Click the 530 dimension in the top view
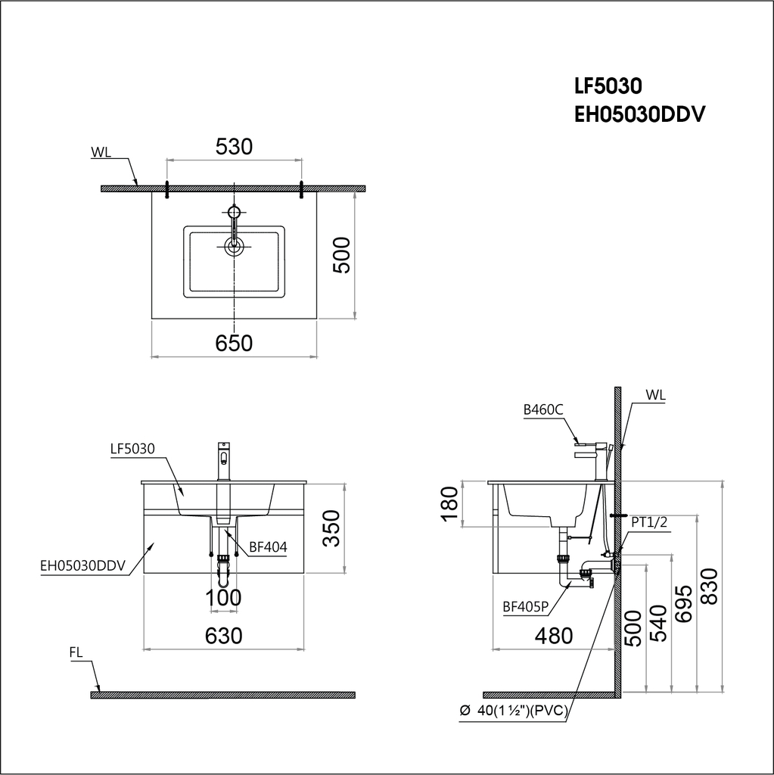[x=234, y=147]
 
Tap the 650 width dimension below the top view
[x=234, y=343]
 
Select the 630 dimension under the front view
[x=224, y=636]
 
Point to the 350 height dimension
[x=331, y=528]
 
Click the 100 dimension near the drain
[x=225, y=599]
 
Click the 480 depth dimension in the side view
[x=554, y=636]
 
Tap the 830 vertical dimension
[x=709, y=587]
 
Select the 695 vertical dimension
[x=683, y=603]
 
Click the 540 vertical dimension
[x=658, y=622]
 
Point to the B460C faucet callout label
[x=543, y=410]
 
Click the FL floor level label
[x=76, y=651]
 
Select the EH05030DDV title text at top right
[x=640, y=114]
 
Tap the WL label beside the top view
[x=101, y=152]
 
